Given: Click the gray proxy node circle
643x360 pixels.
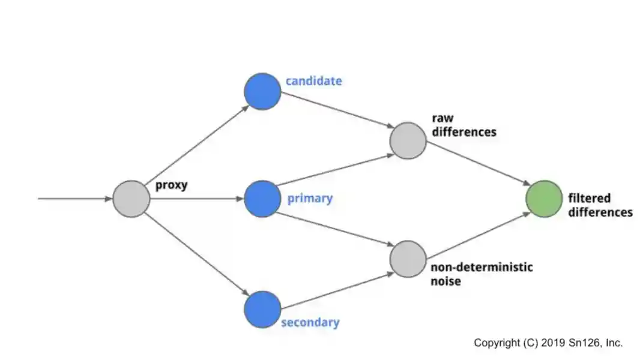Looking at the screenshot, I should click(x=131, y=199).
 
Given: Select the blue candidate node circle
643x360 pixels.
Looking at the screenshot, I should click(x=262, y=92).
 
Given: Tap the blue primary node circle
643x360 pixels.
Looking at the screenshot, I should click(x=262, y=199).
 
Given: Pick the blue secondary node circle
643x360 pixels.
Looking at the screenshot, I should click(x=262, y=309).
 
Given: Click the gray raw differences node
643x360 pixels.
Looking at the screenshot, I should click(x=408, y=140).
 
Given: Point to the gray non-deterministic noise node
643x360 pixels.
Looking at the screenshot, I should click(x=408, y=259).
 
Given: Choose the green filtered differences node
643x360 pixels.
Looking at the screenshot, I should click(x=544, y=199).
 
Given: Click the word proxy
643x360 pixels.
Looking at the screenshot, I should click(x=172, y=185).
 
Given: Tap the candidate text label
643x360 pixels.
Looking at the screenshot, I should click(x=313, y=81).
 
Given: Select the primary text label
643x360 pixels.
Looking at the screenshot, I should click(x=310, y=199).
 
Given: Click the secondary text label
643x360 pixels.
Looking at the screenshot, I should click(x=310, y=323).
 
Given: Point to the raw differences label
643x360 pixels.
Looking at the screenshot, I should click(x=464, y=125).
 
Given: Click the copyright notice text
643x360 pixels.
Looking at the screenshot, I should click(x=548, y=343).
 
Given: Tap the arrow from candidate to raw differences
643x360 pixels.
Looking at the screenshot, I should click(x=335, y=112).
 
